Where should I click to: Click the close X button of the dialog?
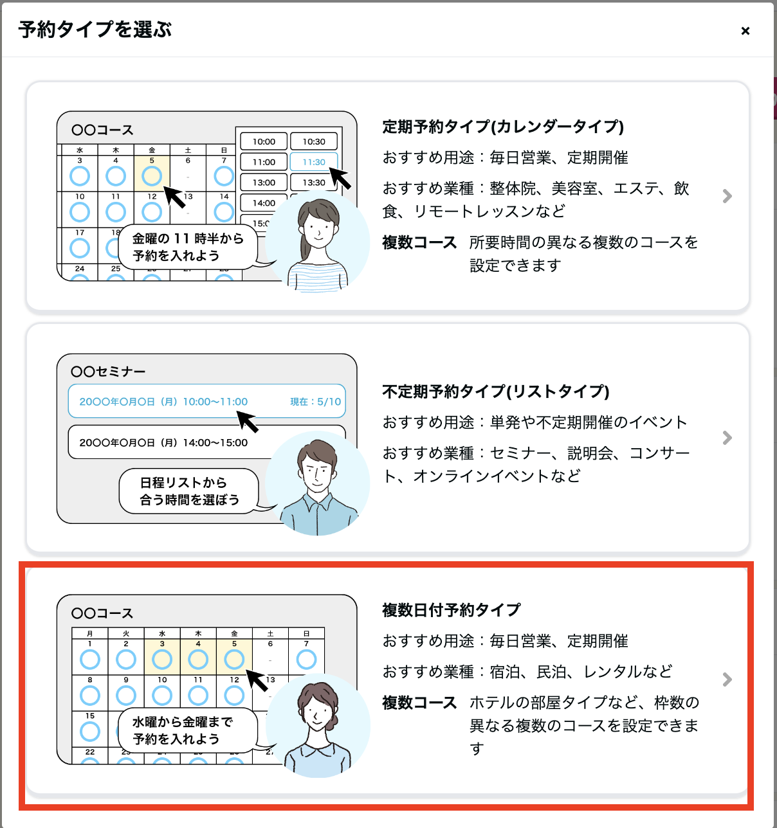tap(745, 31)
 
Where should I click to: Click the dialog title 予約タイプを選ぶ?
tap(95, 30)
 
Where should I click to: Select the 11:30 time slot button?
tap(314, 162)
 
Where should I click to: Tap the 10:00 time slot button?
tap(264, 141)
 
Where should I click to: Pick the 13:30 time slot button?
tap(314, 182)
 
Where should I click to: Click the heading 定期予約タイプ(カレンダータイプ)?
tap(503, 127)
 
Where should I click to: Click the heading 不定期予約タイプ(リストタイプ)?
tap(496, 391)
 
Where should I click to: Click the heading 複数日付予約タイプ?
tap(451, 609)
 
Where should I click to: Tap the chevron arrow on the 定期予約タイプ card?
tap(727, 196)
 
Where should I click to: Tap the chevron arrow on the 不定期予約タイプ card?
tap(727, 438)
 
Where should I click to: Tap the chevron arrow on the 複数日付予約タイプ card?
tap(727, 679)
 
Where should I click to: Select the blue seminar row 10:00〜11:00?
tap(207, 401)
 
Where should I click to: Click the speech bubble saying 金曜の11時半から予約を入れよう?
tap(188, 247)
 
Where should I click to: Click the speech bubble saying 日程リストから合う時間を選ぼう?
tap(189, 491)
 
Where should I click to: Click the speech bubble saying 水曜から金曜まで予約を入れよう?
tap(188, 730)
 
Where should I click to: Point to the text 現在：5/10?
tap(315, 402)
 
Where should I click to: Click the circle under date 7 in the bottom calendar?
tap(306, 660)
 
